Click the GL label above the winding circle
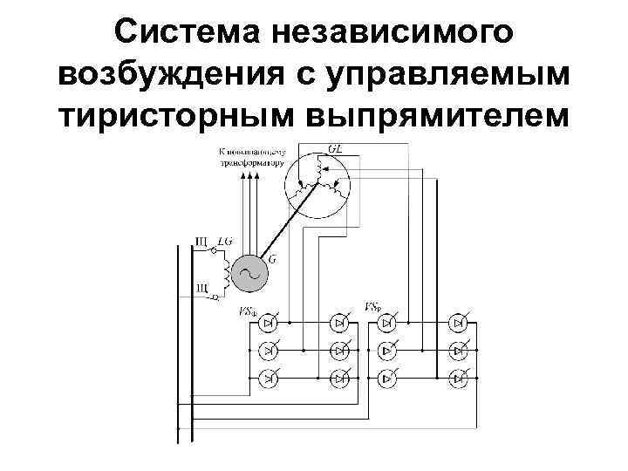(334, 149)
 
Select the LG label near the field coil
(224, 240)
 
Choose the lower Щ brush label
(201, 287)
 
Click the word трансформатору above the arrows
(251, 160)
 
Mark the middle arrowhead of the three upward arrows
(251, 174)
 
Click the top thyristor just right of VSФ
(270, 324)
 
